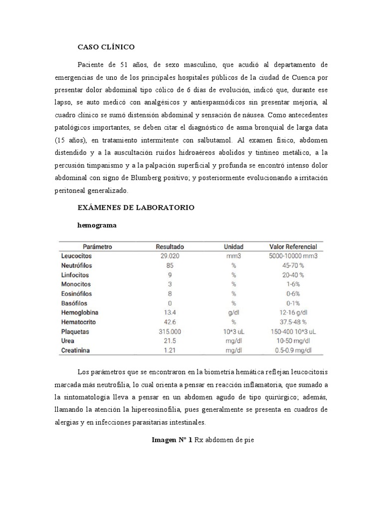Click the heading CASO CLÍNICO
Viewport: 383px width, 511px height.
click(106, 47)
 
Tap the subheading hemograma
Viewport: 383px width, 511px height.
click(97, 225)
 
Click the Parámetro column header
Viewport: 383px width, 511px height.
click(97, 247)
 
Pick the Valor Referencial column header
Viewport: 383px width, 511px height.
click(293, 247)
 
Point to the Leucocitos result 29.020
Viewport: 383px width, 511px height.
click(170, 256)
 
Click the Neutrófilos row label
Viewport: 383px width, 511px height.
click(77, 265)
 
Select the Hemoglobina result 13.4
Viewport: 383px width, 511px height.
click(170, 313)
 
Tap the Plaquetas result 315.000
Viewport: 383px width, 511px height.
click(170, 332)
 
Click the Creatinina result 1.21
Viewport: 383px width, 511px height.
click(170, 351)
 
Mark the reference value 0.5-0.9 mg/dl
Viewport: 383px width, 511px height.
click(293, 351)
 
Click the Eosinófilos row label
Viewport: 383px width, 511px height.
click(76, 294)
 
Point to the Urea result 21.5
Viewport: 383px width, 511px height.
click(170, 341)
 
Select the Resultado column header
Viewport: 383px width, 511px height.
click(170, 247)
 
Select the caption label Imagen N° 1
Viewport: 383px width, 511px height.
click(172, 440)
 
